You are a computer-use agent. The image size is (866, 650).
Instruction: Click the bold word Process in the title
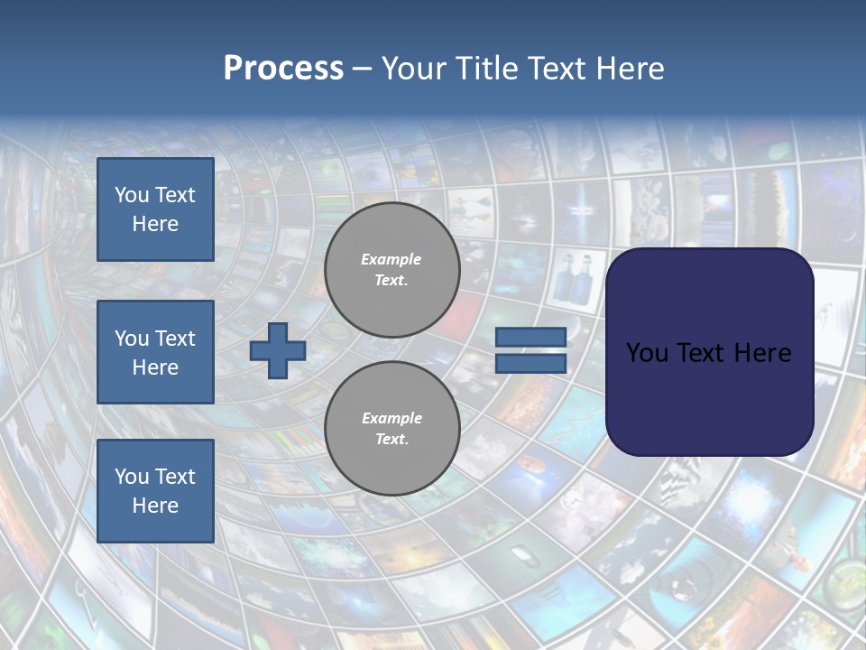pos(283,69)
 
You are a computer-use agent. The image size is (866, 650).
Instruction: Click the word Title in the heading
pos(486,69)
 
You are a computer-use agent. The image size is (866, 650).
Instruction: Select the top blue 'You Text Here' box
pos(155,209)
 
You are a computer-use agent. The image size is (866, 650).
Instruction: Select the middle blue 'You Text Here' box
pos(155,352)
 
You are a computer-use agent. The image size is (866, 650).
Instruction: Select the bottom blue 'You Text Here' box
pos(155,491)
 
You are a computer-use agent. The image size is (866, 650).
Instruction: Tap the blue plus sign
pos(278,350)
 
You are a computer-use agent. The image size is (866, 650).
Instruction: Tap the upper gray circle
pos(392,269)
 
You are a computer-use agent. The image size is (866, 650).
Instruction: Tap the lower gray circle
pos(392,428)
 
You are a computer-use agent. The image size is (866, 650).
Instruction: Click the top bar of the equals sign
pos(530,338)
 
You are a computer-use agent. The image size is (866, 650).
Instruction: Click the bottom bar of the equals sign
pos(530,363)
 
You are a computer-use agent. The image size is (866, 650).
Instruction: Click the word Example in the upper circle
pos(392,259)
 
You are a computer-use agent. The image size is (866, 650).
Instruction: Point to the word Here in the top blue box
pos(155,224)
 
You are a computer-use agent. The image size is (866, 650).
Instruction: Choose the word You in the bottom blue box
pos(132,477)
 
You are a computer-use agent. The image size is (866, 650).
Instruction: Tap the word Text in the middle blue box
pos(174,339)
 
